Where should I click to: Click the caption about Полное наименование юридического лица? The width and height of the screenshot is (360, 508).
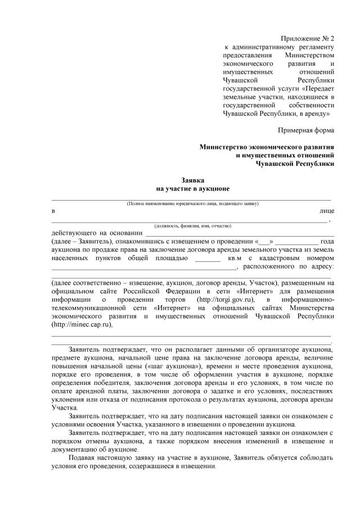[x=192, y=203]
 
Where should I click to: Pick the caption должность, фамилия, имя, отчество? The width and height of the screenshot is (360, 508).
[x=193, y=225]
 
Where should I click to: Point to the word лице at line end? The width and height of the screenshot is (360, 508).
[x=326, y=211]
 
